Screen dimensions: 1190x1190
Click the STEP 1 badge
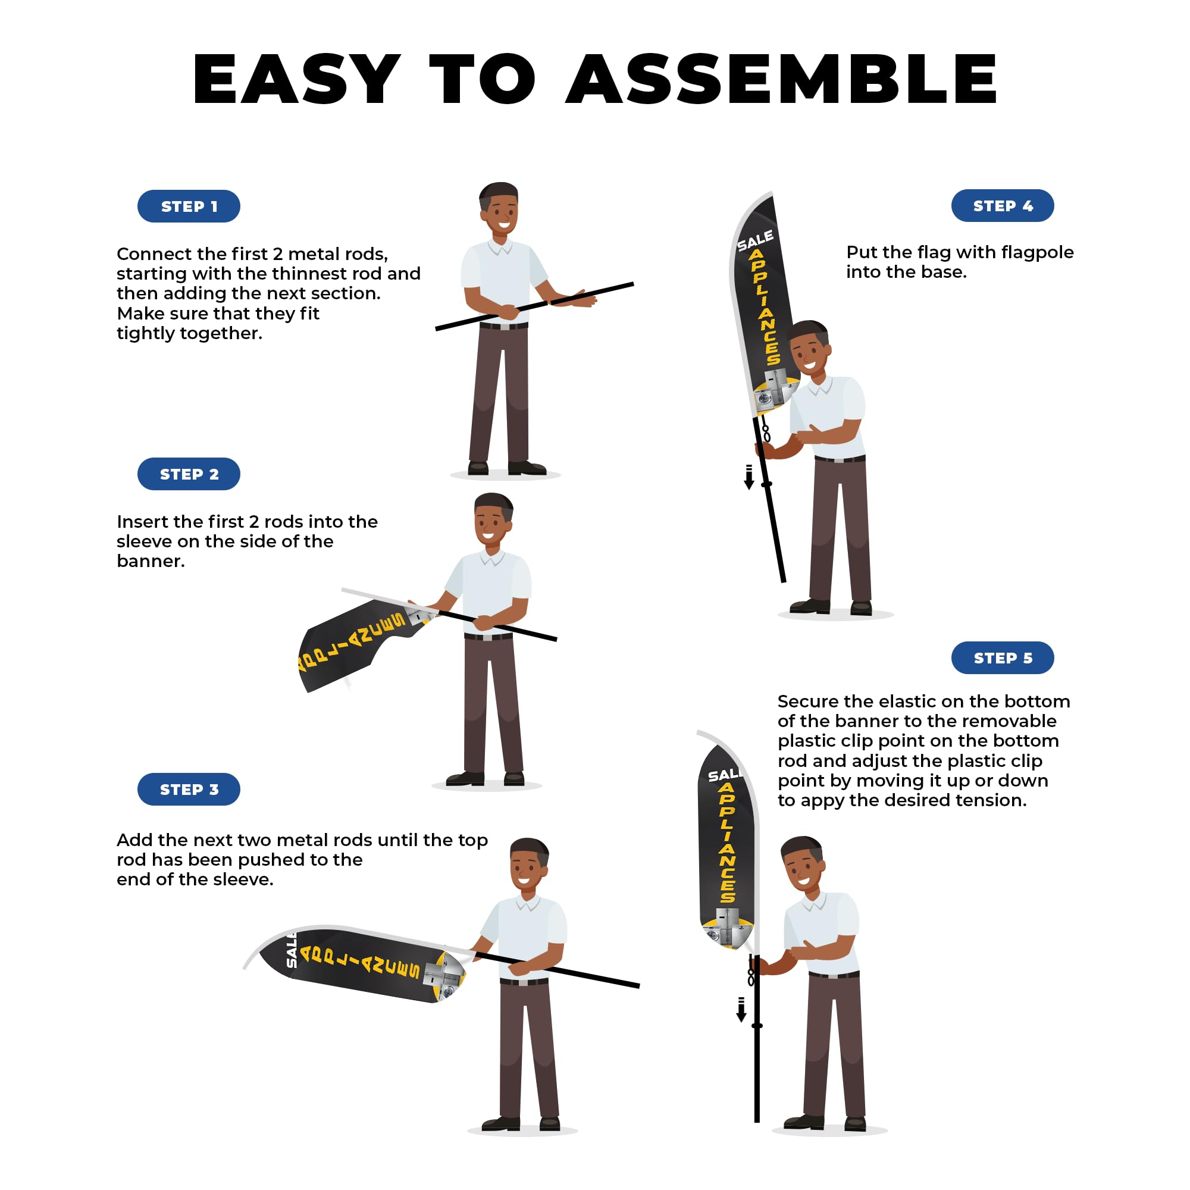pyautogui.click(x=189, y=206)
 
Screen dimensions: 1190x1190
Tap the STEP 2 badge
pyautogui.click(x=189, y=474)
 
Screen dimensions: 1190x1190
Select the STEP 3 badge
pyautogui.click(x=189, y=790)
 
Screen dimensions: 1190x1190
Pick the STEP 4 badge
pyautogui.click(x=1003, y=206)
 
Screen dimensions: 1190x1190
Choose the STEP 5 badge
pyautogui.click(x=1003, y=658)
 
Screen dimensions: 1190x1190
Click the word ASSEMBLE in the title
pyautogui.click(x=782, y=79)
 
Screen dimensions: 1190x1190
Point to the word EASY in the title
pyautogui.click(x=297, y=79)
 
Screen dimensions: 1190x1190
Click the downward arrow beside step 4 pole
pyautogui.click(x=749, y=477)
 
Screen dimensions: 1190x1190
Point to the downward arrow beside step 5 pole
pyautogui.click(x=741, y=1010)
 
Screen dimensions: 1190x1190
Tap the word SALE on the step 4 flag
pyautogui.click(x=756, y=241)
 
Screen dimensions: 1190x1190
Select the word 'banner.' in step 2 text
pyautogui.click(x=151, y=561)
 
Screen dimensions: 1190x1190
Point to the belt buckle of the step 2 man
pyautogui.click(x=488, y=637)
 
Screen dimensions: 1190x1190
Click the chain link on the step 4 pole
pyautogui.click(x=766, y=432)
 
